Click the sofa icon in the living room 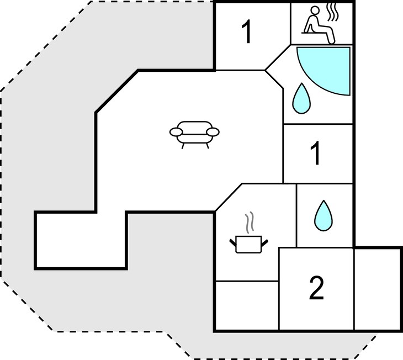(x=194, y=134)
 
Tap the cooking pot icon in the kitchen (x=248, y=245)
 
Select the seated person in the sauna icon (x=319, y=25)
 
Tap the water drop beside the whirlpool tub (x=301, y=98)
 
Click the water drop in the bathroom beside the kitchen (x=324, y=215)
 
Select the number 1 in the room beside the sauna (x=247, y=32)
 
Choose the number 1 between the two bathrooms (x=316, y=153)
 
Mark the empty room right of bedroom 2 (x=377, y=289)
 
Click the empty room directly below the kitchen (x=247, y=305)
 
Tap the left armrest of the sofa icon (x=176, y=132)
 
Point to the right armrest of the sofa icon (x=213, y=132)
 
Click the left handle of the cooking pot (x=233, y=242)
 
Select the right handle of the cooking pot (x=264, y=242)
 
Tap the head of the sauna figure (x=315, y=11)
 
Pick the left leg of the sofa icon (x=183, y=146)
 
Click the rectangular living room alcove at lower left (x=81, y=240)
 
